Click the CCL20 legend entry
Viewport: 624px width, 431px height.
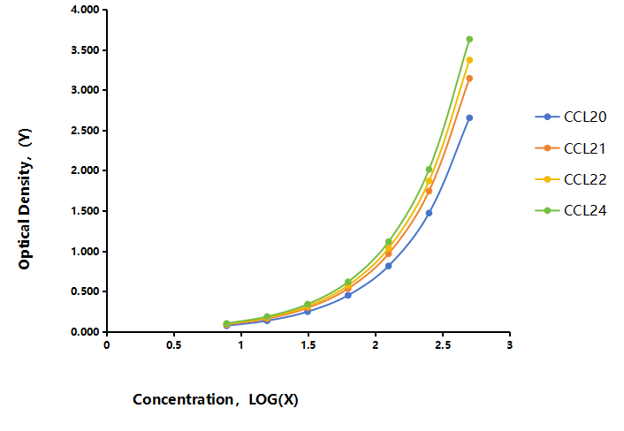pos(571,117)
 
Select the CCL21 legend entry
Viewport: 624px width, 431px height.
pos(571,148)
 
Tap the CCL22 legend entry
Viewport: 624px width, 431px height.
pos(571,179)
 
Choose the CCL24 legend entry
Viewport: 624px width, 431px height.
pos(571,210)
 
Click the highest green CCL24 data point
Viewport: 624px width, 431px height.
pos(469,39)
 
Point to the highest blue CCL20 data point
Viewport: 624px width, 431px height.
pos(469,117)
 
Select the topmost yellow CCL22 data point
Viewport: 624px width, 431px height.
pos(469,60)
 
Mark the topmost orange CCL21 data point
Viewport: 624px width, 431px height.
pos(469,79)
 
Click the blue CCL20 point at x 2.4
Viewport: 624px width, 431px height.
pos(429,213)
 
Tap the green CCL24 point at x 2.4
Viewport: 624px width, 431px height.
pos(429,170)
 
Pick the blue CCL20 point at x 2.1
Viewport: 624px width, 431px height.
pos(388,266)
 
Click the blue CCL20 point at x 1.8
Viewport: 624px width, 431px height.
pos(348,295)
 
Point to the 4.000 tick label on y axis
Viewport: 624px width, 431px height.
pos(85,10)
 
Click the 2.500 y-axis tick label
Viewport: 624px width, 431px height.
pos(85,131)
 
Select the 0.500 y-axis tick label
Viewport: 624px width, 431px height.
pos(85,291)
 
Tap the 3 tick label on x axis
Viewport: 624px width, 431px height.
pos(510,344)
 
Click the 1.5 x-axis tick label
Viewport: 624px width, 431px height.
pos(308,344)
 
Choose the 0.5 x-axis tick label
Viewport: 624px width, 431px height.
pos(174,344)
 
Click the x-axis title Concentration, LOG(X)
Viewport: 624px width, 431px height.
pos(216,399)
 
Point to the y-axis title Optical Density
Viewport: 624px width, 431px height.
pos(25,199)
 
